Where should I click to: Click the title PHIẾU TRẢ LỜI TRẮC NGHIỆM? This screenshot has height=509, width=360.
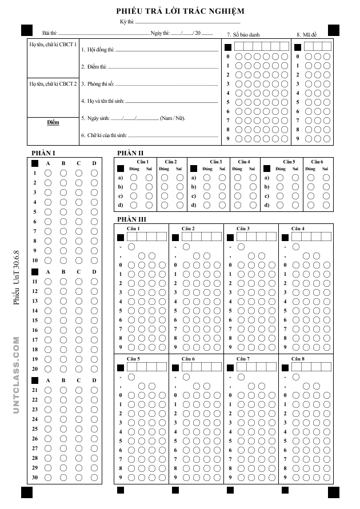(179, 11)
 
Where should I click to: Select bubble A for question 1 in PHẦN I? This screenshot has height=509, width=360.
(48, 173)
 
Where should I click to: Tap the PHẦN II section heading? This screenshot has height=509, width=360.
(130, 153)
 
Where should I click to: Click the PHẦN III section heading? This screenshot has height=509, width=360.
(131, 219)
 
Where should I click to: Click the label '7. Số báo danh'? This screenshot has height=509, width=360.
(243, 34)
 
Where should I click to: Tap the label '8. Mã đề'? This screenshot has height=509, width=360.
(306, 34)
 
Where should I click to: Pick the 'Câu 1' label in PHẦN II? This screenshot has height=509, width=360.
(140, 162)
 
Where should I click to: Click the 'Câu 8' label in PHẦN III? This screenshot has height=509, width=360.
(298, 359)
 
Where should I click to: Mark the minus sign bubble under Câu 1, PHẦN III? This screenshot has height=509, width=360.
(131, 247)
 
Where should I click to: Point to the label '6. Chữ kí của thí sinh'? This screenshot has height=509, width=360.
(103, 136)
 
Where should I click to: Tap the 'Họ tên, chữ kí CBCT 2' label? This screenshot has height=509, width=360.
(53, 83)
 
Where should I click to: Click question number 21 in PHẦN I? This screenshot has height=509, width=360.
(34, 390)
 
